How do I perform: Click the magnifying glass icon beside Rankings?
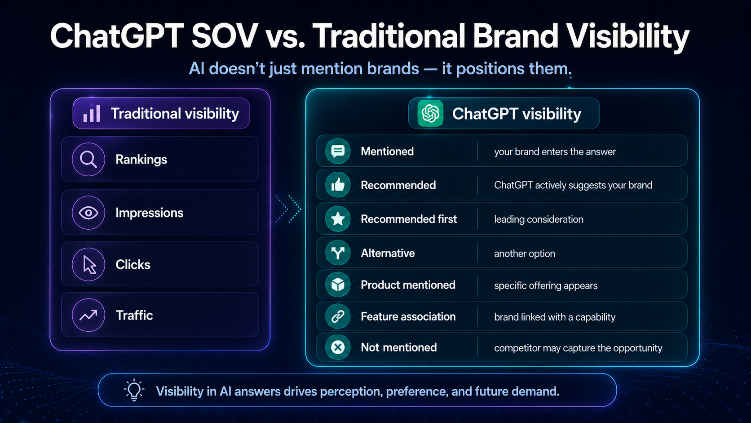click(88, 159)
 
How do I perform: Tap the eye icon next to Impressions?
click(88, 213)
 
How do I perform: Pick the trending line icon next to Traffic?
click(88, 315)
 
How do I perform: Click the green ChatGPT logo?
click(430, 113)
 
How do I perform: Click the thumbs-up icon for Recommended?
click(338, 185)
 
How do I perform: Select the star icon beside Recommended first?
click(338, 219)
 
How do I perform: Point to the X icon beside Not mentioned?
click(338, 347)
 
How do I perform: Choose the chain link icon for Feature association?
click(338, 316)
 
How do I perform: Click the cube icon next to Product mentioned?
click(338, 285)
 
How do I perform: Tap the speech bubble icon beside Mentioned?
click(338, 151)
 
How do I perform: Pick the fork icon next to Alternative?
click(338, 253)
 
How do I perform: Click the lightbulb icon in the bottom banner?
click(134, 390)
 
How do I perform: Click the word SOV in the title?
click(224, 36)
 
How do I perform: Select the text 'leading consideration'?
click(539, 219)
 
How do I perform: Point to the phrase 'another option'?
click(524, 254)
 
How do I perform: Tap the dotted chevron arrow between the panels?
click(288, 209)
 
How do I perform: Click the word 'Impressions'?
click(149, 213)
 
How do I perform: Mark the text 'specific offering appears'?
click(545, 285)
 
